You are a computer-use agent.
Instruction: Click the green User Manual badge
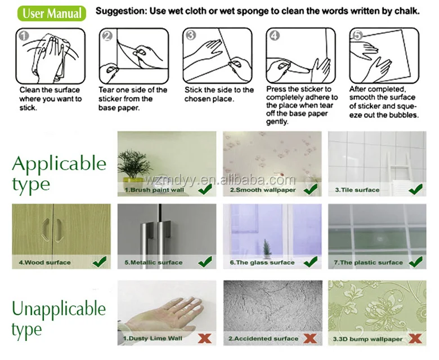(x=52, y=13)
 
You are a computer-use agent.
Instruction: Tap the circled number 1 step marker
(x=24, y=36)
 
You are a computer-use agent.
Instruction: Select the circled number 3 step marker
(x=191, y=35)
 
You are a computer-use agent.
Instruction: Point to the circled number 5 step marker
(x=357, y=35)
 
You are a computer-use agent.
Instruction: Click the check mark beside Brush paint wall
(x=205, y=189)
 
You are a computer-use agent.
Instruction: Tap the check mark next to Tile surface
(x=416, y=189)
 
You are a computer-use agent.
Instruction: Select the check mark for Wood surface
(x=100, y=261)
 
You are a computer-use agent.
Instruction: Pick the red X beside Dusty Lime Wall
(x=205, y=338)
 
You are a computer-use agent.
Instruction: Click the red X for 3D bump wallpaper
(x=415, y=338)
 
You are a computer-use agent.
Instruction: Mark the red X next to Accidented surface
(x=310, y=338)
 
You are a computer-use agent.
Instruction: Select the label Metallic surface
(x=154, y=263)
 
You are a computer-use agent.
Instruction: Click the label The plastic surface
(x=368, y=263)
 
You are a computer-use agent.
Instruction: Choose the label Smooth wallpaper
(x=263, y=190)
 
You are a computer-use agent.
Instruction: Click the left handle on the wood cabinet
(x=46, y=230)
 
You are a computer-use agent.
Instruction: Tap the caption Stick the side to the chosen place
(x=219, y=94)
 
